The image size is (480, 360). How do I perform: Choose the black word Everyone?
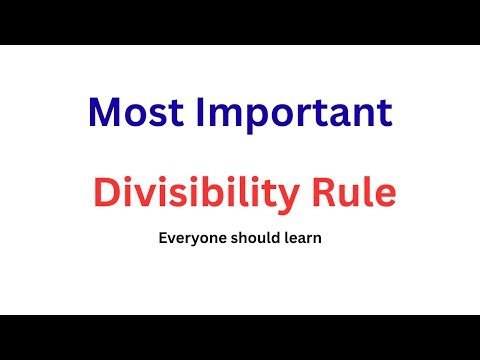click(x=185, y=241)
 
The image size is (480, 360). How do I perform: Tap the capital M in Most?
click(x=104, y=112)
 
